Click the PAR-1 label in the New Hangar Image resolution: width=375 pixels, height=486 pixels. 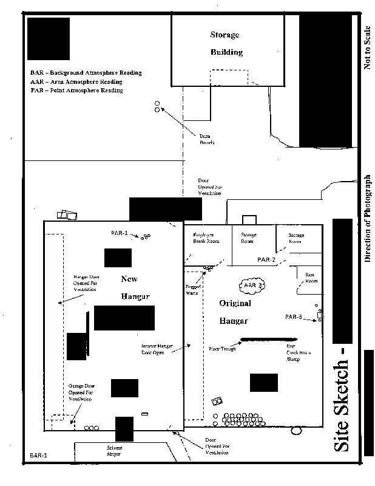[120, 233]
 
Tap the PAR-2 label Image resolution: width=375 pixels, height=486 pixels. [266, 260]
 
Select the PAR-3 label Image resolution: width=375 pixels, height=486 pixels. [294, 317]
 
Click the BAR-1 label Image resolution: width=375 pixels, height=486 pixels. [39, 454]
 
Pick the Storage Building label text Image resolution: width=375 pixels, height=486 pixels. [226, 43]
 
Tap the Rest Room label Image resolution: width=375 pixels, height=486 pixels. [311, 278]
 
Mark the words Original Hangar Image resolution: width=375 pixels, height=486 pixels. [235, 312]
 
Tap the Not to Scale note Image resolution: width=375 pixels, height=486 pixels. [367, 47]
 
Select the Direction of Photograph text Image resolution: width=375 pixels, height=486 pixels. [367, 219]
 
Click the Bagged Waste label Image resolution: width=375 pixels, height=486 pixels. [192, 289]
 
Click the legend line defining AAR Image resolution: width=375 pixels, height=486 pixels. [76, 81]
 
